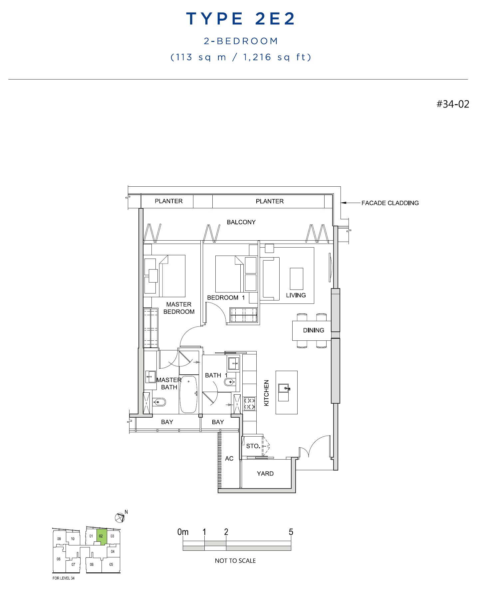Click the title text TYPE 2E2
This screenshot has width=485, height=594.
(x=240, y=19)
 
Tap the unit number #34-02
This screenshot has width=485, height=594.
(x=453, y=104)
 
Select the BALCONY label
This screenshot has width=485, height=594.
(x=241, y=222)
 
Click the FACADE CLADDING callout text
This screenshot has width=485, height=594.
(x=390, y=203)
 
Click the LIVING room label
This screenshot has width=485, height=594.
(x=296, y=295)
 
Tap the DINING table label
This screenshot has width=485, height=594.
(x=313, y=330)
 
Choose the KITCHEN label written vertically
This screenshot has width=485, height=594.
(x=266, y=393)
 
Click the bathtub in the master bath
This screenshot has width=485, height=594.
(x=188, y=394)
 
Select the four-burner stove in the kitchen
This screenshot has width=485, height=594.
(x=250, y=404)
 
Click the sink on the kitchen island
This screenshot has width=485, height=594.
(x=284, y=388)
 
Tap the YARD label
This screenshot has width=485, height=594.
(x=265, y=474)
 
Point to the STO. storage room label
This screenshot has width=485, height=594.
(x=253, y=446)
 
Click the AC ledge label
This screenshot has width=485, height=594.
(x=229, y=459)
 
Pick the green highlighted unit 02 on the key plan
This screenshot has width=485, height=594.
(x=101, y=536)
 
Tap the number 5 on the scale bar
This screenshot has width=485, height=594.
(x=291, y=532)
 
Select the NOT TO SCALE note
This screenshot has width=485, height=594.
(x=235, y=561)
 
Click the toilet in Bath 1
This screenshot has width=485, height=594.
(x=230, y=382)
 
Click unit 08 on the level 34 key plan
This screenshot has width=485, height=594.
(x=59, y=559)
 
